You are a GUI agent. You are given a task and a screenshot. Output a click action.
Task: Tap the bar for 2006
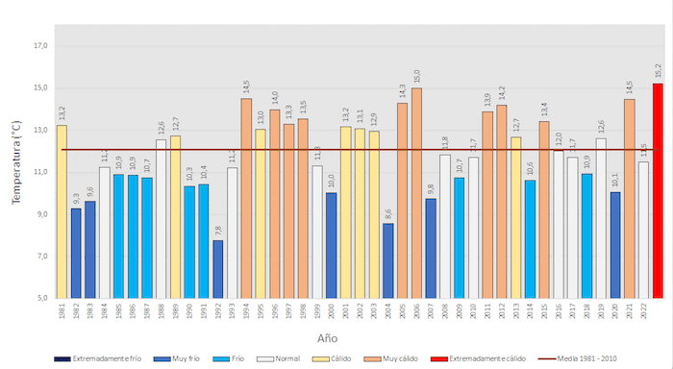click(x=416, y=192)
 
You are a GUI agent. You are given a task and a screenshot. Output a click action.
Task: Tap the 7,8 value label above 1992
click(x=218, y=230)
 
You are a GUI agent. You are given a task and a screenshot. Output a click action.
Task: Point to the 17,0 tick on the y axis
click(x=40, y=46)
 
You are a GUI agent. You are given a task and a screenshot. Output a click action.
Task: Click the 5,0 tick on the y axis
click(x=40, y=298)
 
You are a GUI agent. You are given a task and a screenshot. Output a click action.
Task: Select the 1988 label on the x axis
click(x=162, y=313)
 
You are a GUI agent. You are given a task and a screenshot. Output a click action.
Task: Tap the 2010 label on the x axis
click(x=473, y=313)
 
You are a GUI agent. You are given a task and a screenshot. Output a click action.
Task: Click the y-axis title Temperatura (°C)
click(x=14, y=163)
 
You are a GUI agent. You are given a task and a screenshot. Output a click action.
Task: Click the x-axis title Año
click(x=328, y=338)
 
